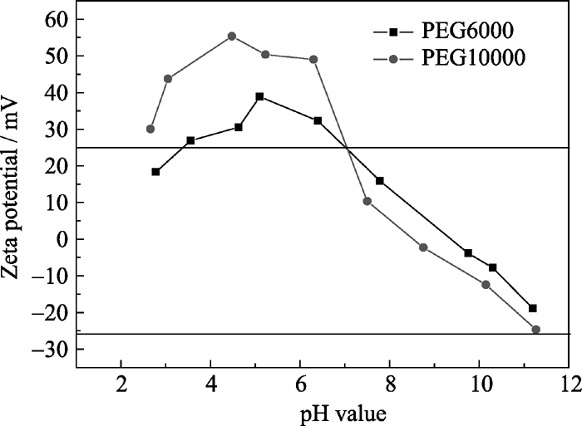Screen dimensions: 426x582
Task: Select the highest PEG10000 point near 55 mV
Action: click(x=232, y=37)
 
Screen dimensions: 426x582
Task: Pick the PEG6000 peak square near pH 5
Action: click(x=260, y=97)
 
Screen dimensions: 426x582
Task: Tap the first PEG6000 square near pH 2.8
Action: click(x=155, y=172)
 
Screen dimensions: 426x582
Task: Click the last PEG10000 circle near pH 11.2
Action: click(x=535, y=330)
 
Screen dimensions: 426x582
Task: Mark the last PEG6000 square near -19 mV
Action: click(x=533, y=308)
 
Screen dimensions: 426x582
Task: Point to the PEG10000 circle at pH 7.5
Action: click(x=367, y=201)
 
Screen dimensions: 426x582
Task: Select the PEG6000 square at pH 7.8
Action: click(x=380, y=181)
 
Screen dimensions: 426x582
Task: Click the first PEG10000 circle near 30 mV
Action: click(x=150, y=129)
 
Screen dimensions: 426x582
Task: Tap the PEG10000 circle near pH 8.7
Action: click(x=423, y=247)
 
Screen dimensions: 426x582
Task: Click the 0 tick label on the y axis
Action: click(x=61, y=239)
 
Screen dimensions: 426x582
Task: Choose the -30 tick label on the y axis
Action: click(x=51, y=350)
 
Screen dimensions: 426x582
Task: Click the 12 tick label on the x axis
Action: click(x=570, y=385)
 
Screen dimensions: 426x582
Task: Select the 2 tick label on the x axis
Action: click(x=121, y=385)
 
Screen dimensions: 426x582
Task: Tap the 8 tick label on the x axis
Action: click(x=390, y=385)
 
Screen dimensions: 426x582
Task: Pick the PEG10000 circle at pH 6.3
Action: click(x=313, y=60)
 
